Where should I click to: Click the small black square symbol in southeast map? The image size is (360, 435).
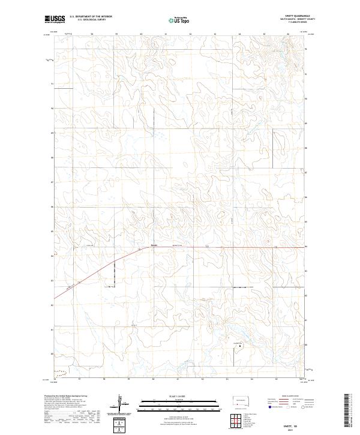click(x=241, y=347)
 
